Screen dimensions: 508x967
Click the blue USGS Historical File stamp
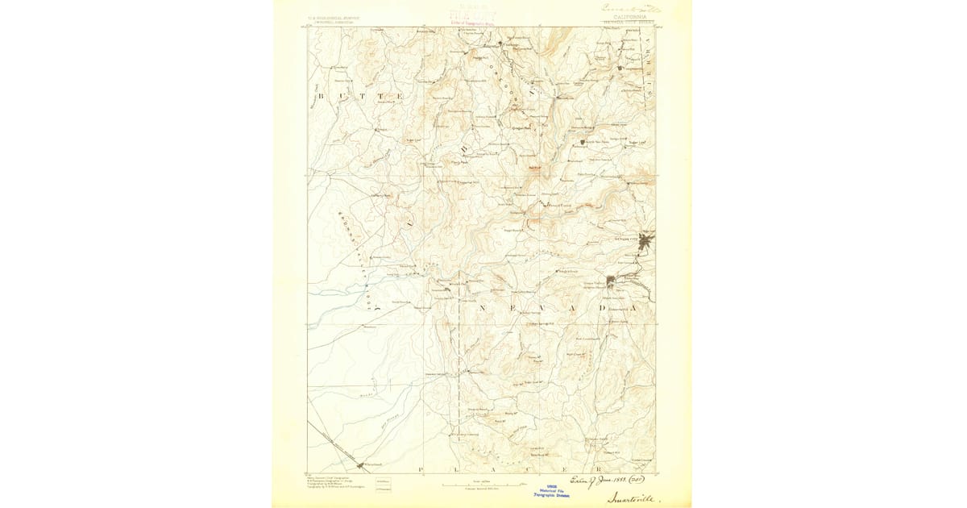552,489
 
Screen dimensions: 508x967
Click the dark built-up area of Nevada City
646,239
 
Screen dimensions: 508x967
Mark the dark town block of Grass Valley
611,281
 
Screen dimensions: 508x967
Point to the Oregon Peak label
522,127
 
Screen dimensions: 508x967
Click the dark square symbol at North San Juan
582,142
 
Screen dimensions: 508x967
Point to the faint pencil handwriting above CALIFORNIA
633,7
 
